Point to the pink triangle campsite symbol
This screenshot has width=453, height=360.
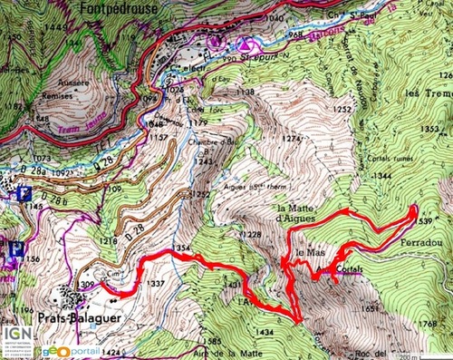[245, 43]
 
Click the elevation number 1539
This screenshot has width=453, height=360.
[420, 218]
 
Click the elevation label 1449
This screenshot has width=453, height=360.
[14, 30]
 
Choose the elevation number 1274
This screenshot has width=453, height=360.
[291, 138]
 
